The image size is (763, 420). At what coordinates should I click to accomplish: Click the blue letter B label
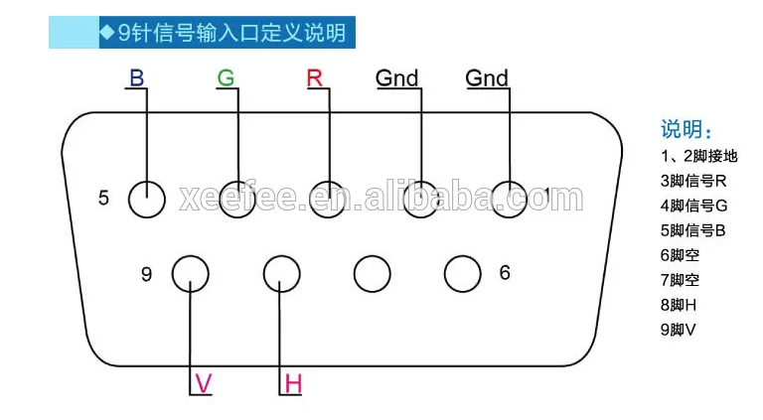click(x=136, y=76)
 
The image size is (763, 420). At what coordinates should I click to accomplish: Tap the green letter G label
click(x=227, y=76)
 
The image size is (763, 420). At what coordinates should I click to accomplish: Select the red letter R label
click(x=316, y=76)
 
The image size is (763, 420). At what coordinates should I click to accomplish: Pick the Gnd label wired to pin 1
click(x=487, y=77)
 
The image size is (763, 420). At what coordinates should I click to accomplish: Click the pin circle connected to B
click(x=147, y=198)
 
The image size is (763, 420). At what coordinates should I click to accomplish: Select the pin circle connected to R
click(x=328, y=198)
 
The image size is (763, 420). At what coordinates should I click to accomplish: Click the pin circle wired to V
click(x=190, y=272)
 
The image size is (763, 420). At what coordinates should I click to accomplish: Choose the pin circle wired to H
click(x=281, y=272)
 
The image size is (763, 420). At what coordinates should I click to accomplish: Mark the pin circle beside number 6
click(x=462, y=272)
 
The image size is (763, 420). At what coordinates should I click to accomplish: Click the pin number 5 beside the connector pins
click(x=103, y=198)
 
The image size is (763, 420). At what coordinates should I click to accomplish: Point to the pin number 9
click(x=146, y=273)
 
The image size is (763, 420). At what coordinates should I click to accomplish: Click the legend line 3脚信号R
click(x=693, y=181)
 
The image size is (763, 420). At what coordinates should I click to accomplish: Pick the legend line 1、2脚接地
click(x=698, y=156)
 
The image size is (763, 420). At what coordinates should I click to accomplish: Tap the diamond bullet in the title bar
click(x=106, y=32)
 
